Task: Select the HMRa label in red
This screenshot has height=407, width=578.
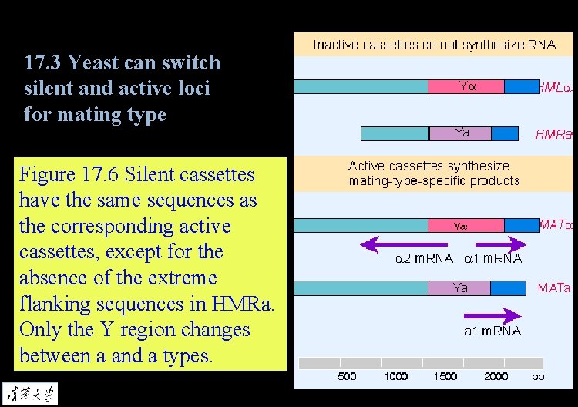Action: click(x=553, y=134)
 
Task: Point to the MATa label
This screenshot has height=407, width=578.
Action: click(x=553, y=288)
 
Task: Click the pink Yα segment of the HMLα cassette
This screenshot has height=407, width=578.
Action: click(x=466, y=86)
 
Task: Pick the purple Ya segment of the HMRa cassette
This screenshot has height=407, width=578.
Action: click(x=460, y=133)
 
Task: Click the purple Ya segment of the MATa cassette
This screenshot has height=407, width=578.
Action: click(x=460, y=288)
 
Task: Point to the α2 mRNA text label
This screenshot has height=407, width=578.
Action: click(x=424, y=259)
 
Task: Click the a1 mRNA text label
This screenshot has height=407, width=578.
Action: click(x=492, y=331)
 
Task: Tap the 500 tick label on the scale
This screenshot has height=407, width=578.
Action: click(x=348, y=376)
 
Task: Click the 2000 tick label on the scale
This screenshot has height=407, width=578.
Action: click(x=496, y=376)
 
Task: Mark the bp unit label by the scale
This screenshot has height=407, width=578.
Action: click(x=538, y=376)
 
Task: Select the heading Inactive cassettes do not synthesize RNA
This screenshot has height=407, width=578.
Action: click(x=434, y=45)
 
